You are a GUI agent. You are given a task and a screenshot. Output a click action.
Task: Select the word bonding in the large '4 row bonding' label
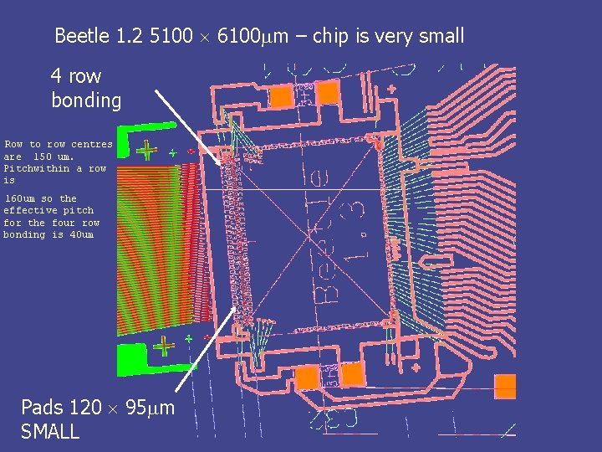click(x=86, y=100)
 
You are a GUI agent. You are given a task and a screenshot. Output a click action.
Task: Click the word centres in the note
click(x=91, y=144)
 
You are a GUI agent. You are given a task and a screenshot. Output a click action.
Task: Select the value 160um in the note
click(x=20, y=198)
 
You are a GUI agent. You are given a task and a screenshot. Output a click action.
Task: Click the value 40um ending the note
click(x=82, y=234)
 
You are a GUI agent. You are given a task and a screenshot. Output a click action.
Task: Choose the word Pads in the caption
click(x=42, y=408)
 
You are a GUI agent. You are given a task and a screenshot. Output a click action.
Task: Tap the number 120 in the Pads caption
click(x=84, y=408)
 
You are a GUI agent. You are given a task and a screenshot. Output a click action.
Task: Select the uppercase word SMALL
click(x=50, y=432)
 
